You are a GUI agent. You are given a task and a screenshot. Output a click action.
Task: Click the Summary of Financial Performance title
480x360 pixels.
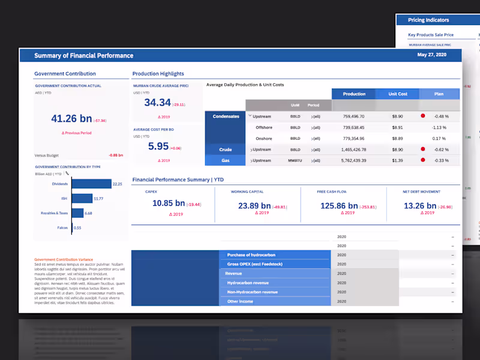point(83,56)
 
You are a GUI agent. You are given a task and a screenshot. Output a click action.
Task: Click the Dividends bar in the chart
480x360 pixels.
point(92,184)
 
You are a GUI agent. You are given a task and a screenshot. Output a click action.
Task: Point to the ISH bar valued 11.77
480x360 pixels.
point(82,199)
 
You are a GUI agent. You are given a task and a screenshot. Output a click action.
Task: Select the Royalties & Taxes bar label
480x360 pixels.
point(55,213)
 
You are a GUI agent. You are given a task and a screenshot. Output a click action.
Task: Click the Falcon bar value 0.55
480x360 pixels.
point(77,228)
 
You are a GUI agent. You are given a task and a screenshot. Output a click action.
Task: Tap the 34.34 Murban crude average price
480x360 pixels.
point(158,103)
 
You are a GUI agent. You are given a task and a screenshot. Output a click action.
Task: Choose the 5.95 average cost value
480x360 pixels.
point(158,146)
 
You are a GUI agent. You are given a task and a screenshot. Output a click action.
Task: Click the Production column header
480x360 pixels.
point(354,94)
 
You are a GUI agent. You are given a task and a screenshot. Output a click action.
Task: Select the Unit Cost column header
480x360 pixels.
point(398,94)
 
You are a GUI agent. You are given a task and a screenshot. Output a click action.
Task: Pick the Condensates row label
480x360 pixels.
point(226,116)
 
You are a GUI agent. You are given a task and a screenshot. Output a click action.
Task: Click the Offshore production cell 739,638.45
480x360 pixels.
point(353,127)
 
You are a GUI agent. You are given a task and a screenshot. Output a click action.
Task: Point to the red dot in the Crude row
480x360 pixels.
point(422,149)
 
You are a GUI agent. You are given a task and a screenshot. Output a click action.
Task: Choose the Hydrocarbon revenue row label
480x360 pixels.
point(248,283)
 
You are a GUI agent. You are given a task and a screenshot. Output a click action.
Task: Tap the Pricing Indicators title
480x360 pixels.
point(428,20)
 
